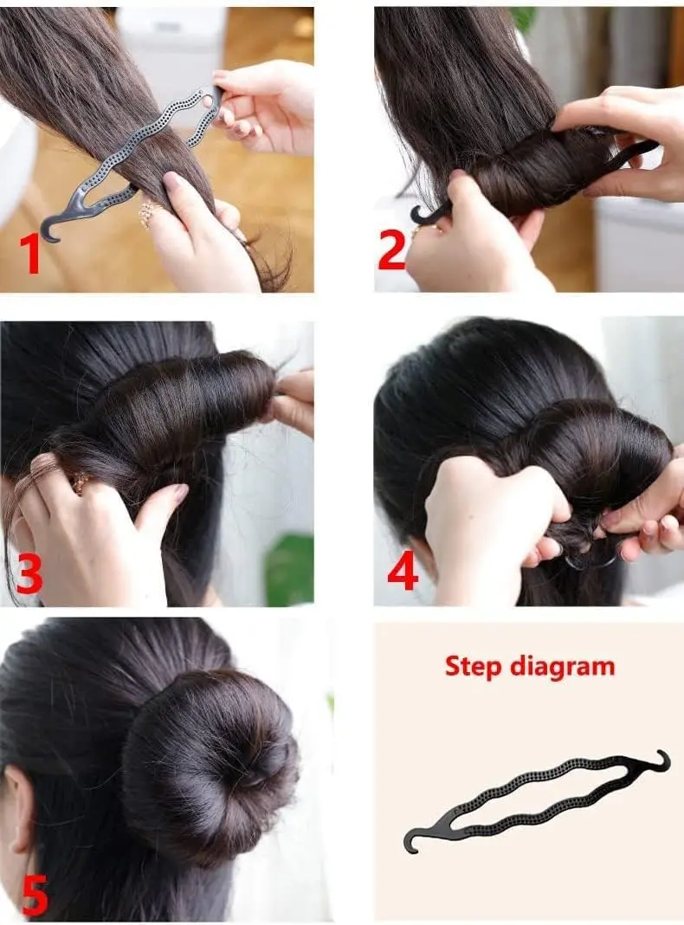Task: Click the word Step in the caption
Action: [x=475, y=666]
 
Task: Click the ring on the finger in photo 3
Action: [x=81, y=482]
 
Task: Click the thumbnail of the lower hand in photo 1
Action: [x=171, y=181]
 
